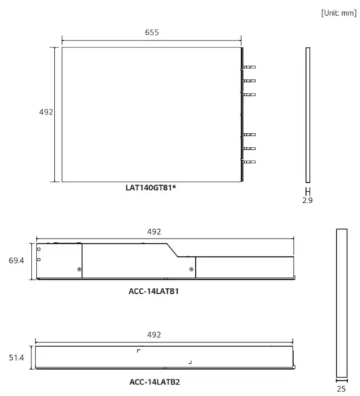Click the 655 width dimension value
point(151,32)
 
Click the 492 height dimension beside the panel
point(46,112)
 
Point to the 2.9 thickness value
point(307,201)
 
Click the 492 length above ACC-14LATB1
point(153,232)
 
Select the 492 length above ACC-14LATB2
point(153,335)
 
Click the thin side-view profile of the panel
point(307,115)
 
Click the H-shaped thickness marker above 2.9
point(307,192)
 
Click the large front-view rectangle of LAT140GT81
point(150,114)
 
